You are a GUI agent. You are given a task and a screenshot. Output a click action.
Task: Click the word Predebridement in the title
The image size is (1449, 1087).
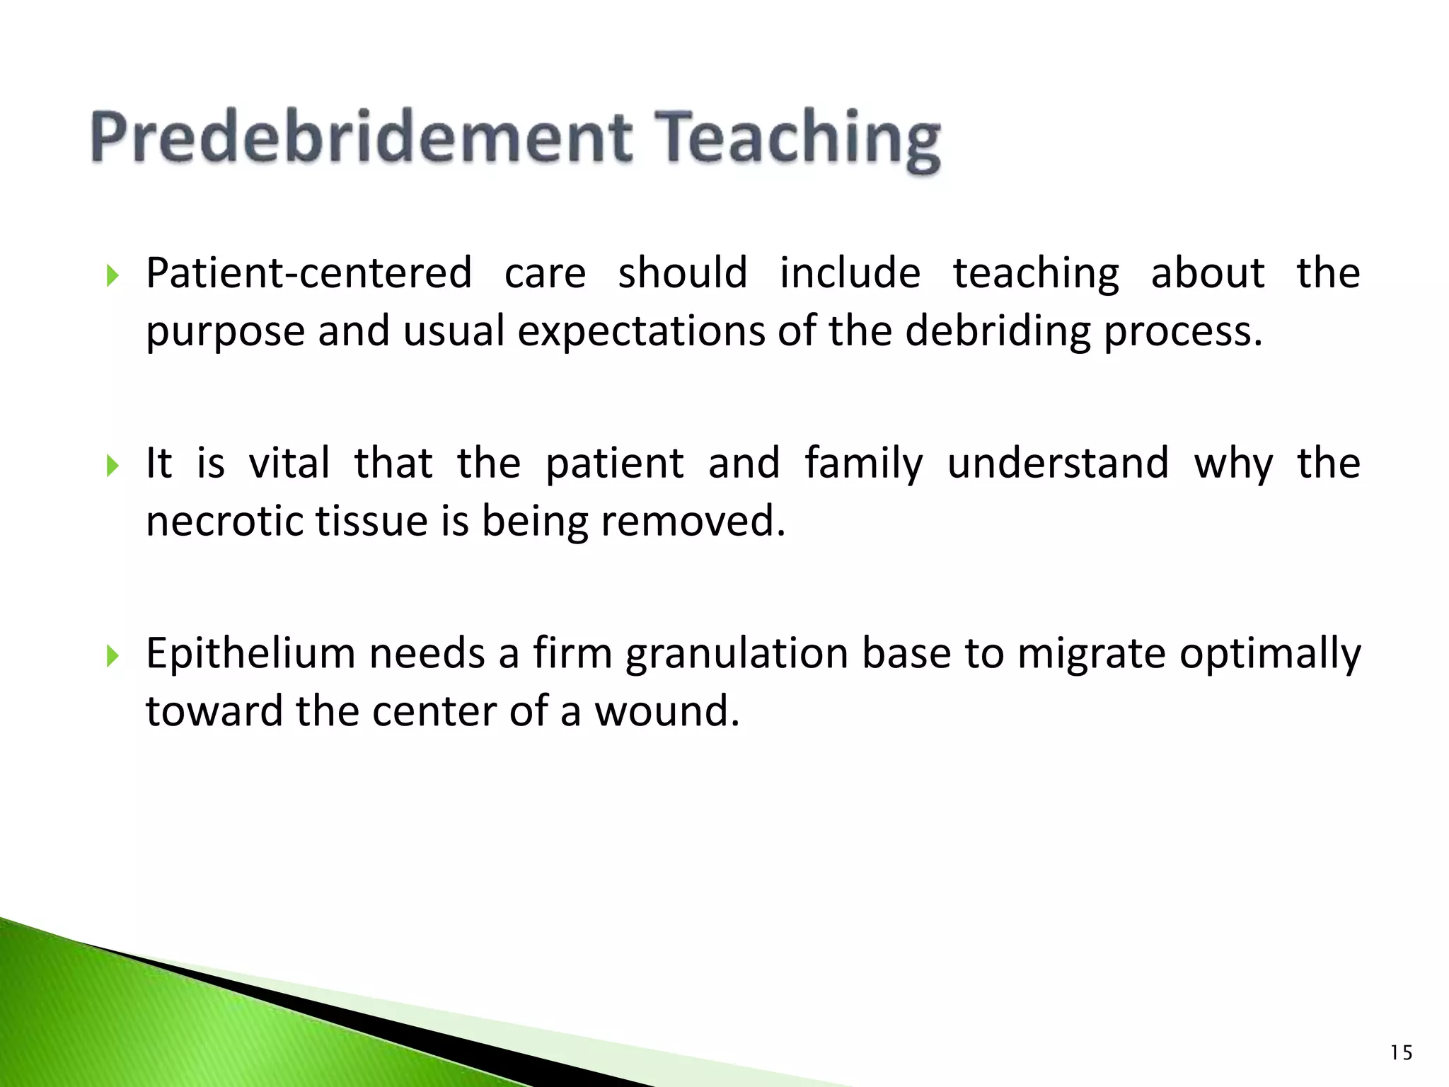tap(361, 138)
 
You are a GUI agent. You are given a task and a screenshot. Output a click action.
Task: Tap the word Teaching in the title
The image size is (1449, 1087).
tap(799, 140)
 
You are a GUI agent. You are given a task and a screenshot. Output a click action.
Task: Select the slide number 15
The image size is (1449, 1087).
tap(1401, 1053)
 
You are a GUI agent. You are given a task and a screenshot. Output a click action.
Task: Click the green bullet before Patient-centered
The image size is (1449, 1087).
tap(112, 275)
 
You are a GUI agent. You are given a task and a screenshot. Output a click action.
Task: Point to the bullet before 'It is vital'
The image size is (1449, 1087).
tap(112, 465)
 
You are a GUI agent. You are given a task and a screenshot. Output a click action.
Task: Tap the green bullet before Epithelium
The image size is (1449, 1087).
tap(112, 655)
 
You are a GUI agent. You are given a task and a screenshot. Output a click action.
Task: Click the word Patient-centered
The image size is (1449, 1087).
tap(308, 273)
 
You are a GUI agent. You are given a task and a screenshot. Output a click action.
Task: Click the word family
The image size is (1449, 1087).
tap(863, 464)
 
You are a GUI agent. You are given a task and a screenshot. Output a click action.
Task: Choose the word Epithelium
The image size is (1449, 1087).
tap(250, 653)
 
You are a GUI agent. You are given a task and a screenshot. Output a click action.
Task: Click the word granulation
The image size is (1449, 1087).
tap(737, 655)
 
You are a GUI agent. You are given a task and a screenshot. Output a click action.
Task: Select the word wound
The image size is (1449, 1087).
tap(666, 711)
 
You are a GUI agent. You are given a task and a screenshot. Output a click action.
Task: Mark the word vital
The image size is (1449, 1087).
tap(289, 464)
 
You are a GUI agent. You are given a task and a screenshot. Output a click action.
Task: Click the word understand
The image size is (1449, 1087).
tap(1058, 464)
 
